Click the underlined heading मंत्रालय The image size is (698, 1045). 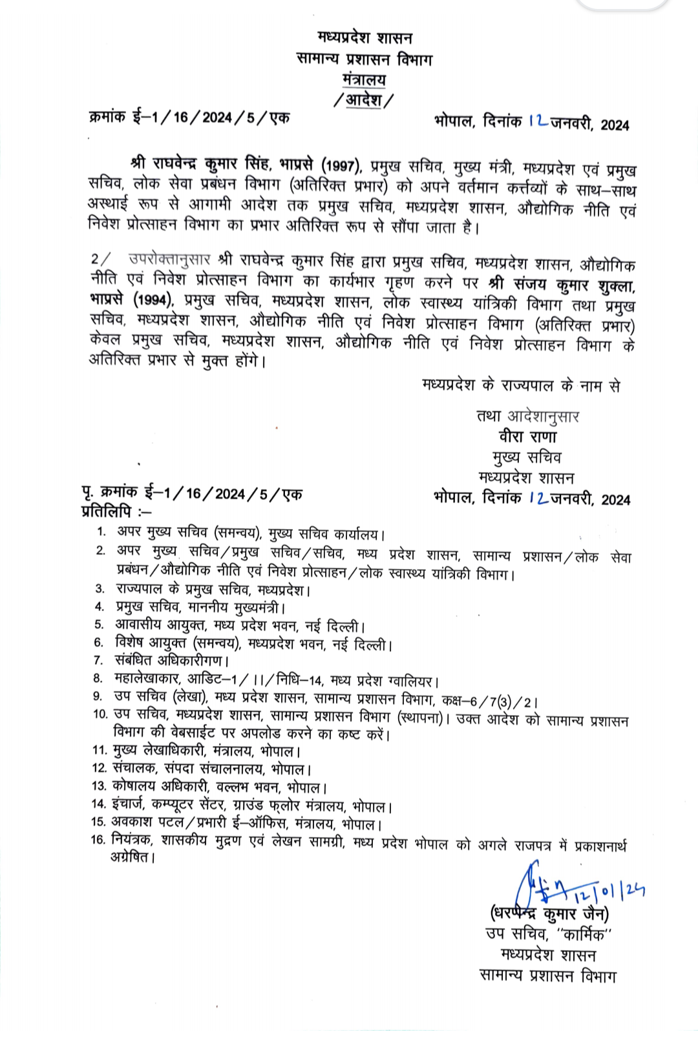pyautogui.click(x=365, y=79)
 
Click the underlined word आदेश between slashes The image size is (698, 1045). pyautogui.click(x=363, y=100)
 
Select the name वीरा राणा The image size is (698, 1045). pyautogui.click(x=527, y=436)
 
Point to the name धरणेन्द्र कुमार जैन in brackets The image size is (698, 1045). pyautogui.click(x=549, y=913)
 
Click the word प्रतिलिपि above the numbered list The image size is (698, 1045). pyautogui.click(x=107, y=512)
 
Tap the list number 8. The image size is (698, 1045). pyautogui.click(x=98, y=678)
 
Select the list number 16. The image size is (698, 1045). pyautogui.click(x=98, y=840)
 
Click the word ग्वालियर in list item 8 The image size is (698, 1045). pyautogui.click(x=412, y=681)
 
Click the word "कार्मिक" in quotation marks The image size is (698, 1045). pyautogui.click(x=584, y=935)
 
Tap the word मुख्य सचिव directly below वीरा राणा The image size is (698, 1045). pyautogui.click(x=527, y=457)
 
